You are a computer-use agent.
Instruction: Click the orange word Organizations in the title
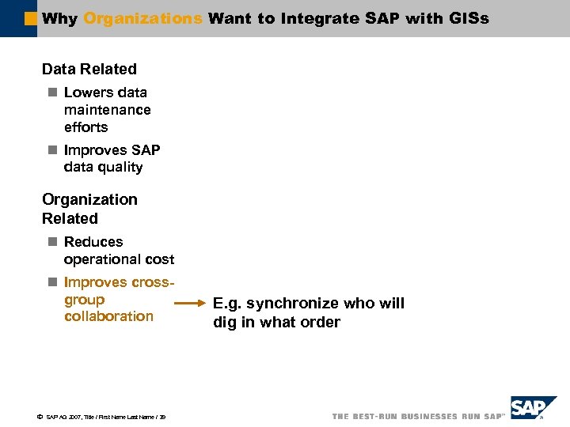coord(142,18)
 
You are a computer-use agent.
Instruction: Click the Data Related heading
coord(89,70)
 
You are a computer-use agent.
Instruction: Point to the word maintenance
coord(108,110)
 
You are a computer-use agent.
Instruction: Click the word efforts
coord(86,127)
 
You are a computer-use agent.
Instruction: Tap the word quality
coord(122,167)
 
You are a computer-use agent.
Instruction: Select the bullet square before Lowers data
coord(52,93)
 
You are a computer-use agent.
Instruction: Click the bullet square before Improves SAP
coord(52,150)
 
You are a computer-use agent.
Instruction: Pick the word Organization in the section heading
coord(89,199)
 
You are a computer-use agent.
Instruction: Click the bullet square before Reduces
coord(52,242)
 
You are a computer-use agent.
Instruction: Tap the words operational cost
coord(120,259)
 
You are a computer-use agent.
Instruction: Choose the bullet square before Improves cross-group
coord(52,282)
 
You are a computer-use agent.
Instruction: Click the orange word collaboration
coord(109,316)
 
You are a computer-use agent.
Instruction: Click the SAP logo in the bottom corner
coord(533,409)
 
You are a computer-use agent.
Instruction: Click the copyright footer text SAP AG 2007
coord(63,416)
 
